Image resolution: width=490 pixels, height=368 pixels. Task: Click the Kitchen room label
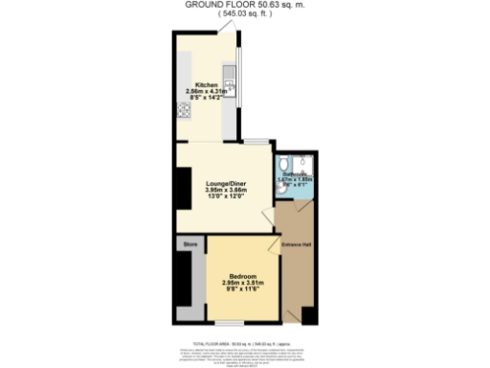pyautogui.click(x=206, y=83)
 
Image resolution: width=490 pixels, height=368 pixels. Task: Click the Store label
pyautogui.click(x=189, y=246)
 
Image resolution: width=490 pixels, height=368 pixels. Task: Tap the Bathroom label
pyautogui.click(x=295, y=172)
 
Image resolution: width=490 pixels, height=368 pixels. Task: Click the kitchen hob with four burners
pyautogui.click(x=181, y=107)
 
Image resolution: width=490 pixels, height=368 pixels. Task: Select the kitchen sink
pyautogui.click(x=228, y=76)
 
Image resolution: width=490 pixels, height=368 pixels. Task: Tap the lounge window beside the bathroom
pyautogui.click(x=255, y=142)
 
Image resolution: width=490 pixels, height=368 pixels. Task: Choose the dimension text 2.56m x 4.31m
pyautogui.click(x=207, y=91)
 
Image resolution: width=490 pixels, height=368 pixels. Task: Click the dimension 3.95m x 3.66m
pyautogui.click(x=226, y=190)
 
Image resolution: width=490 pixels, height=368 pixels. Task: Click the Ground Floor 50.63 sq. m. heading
pyautogui.click(x=245, y=5)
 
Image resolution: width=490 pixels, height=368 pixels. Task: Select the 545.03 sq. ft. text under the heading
pyautogui.click(x=245, y=13)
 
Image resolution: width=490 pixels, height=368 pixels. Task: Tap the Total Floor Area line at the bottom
pyautogui.click(x=245, y=342)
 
